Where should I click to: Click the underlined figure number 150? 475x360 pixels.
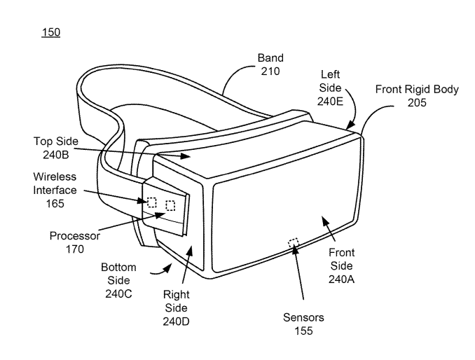(51, 32)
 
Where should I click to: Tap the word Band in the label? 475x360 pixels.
(270, 58)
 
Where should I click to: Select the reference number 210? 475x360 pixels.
(270, 71)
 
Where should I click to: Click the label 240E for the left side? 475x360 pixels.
(330, 101)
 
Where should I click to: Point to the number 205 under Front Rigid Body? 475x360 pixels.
(417, 103)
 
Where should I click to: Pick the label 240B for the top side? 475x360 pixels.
(56, 155)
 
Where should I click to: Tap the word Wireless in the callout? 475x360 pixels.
(55, 176)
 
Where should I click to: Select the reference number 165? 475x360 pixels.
(55, 204)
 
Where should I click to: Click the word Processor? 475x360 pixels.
(74, 236)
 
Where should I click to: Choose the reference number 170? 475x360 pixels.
(74, 249)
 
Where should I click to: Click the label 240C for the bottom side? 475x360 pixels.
(118, 293)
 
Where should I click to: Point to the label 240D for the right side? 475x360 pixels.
(176, 321)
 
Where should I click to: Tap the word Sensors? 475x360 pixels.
(303, 317)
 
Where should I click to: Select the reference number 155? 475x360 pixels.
(303, 331)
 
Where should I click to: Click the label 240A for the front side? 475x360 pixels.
(341, 279)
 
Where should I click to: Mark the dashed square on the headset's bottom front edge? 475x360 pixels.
(294, 243)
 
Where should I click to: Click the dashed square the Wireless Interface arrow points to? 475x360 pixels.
(151, 202)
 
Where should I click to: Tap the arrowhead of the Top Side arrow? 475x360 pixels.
(185, 156)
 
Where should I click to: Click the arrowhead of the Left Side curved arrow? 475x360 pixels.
(350, 125)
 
